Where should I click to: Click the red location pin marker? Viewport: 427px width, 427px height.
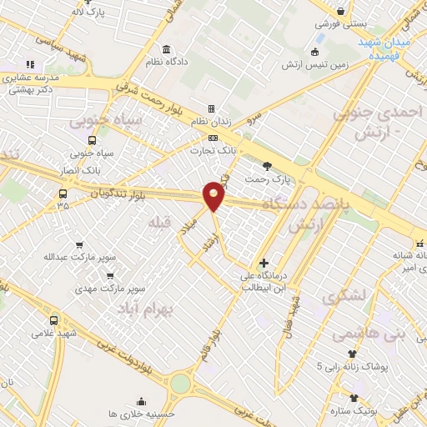tap(214, 195)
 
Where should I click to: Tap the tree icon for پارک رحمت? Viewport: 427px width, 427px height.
tap(267, 165)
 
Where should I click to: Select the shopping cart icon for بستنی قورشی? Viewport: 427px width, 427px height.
tap(341, 10)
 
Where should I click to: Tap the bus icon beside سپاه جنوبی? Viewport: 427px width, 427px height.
tap(91, 140)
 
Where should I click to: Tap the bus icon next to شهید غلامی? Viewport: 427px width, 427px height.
tap(54, 320)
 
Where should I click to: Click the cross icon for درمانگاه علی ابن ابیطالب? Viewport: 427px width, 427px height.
tap(264, 263)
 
